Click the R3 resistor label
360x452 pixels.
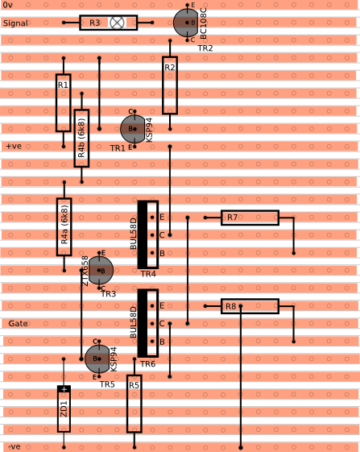point(94,23)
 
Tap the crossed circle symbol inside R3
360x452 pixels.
point(117,23)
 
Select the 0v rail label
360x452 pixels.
point(7,5)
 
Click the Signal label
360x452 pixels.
point(15,23)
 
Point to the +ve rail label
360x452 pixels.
point(14,146)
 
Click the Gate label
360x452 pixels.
point(19,323)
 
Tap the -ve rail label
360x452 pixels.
point(14,447)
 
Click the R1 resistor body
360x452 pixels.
point(64,103)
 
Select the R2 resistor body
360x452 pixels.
point(170,85)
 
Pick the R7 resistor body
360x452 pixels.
point(250,218)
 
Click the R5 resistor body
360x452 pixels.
point(134,404)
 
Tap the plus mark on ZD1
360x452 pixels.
point(64,389)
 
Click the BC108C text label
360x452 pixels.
point(203,23)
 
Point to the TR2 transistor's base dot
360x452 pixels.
point(187,23)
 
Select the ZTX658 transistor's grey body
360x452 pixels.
point(101,270)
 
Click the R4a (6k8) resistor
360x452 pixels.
point(64,227)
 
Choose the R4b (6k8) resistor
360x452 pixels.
point(81,139)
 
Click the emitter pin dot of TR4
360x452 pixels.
point(152,218)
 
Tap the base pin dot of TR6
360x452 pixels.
point(152,342)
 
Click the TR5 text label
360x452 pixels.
point(107,384)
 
